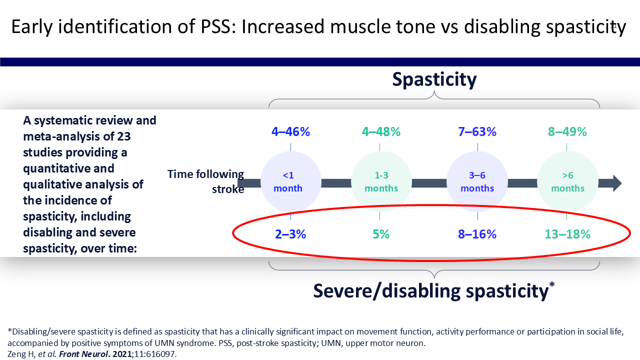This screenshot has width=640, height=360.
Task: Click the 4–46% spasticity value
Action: point(291,132)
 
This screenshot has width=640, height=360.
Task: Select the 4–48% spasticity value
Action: point(381,132)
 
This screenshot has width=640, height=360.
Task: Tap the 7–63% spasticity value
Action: point(477,132)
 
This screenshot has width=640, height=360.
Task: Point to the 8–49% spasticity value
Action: point(566,132)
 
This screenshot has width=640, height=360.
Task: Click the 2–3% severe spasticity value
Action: point(290,234)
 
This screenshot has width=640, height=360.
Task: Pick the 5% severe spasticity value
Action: point(380,234)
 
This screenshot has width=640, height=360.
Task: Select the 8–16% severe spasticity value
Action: point(477,234)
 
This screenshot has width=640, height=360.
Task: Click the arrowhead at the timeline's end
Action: point(616,183)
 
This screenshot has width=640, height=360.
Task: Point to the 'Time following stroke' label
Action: point(205,181)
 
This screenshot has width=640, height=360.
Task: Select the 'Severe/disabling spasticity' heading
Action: point(431,290)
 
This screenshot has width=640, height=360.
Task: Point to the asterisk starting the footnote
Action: point(10,331)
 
